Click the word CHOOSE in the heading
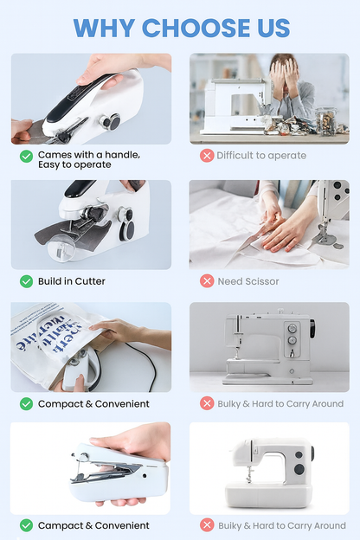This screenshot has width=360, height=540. [x=196, y=28]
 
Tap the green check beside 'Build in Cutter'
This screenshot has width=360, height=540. [x=27, y=281]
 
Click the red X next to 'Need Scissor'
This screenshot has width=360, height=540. [x=207, y=281]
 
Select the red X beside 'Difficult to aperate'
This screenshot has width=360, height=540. [x=207, y=156]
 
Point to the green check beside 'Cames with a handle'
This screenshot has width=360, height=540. [x=27, y=157]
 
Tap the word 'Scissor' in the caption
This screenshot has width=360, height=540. [x=262, y=281]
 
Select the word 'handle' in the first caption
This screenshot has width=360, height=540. [x=122, y=155]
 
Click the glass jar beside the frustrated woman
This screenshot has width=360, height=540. [x=325, y=121]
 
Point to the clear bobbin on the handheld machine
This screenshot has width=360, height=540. [x=61, y=248]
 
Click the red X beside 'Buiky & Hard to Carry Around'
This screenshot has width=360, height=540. [x=207, y=525]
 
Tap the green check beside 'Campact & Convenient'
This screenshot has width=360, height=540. [x=27, y=525]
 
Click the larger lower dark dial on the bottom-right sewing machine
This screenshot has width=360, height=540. [x=299, y=469]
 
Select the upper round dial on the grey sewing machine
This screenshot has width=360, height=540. [x=292, y=327]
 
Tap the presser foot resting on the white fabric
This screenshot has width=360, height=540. [x=325, y=239]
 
